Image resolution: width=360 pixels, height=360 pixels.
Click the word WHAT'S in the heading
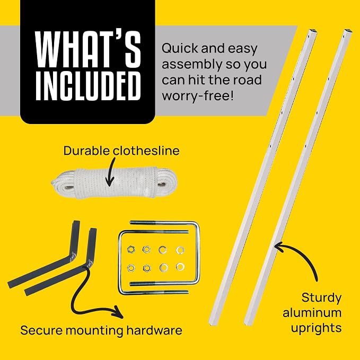click(88, 49)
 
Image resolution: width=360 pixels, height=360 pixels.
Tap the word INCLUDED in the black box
click(88, 86)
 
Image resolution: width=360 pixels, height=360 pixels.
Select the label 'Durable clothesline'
click(121, 151)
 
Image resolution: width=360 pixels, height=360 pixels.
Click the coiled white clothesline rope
click(114, 183)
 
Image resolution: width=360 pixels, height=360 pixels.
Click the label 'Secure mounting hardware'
click(101, 330)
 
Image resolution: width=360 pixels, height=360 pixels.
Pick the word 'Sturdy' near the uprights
click(321, 298)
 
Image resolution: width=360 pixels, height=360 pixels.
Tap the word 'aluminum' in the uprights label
click(312, 313)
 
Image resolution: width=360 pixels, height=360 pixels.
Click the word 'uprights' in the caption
click(316, 328)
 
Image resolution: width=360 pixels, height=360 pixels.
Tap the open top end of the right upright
click(348, 31)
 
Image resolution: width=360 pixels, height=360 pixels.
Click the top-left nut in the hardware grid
click(131, 249)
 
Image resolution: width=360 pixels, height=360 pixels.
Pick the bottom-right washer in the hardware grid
click(180, 267)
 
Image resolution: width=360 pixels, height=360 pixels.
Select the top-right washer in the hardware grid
click(180, 250)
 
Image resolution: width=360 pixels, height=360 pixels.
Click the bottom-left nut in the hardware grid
click(131, 268)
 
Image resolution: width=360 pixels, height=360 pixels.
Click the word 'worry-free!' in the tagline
click(198, 95)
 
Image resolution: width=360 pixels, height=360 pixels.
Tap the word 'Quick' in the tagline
click(180, 49)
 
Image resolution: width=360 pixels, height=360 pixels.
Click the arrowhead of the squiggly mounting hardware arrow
click(118, 313)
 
